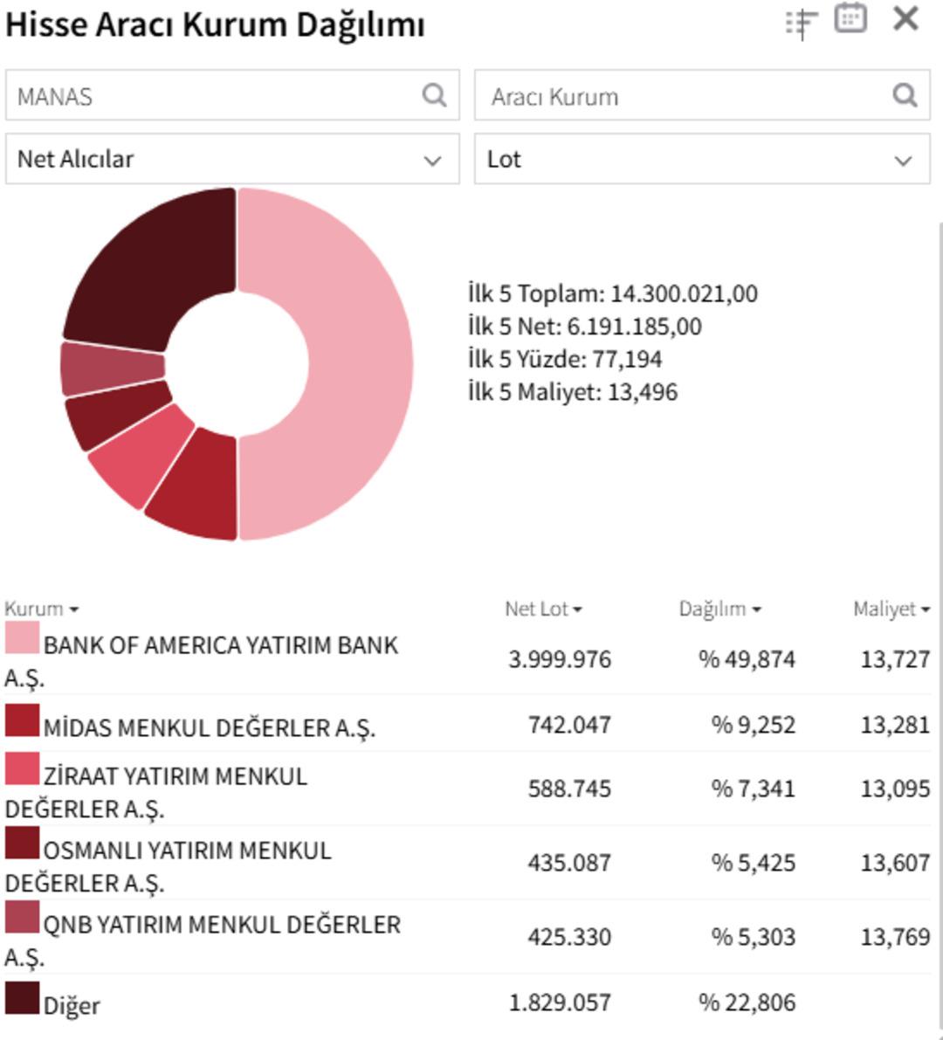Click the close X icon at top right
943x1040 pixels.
(x=905, y=19)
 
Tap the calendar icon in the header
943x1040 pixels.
(x=850, y=19)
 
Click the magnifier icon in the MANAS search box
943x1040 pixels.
(x=434, y=95)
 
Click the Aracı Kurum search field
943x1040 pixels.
(x=681, y=96)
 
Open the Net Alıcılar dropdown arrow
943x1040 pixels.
(x=432, y=160)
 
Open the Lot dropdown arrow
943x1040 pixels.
(x=903, y=160)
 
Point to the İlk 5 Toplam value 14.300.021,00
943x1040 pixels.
(x=684, y=293)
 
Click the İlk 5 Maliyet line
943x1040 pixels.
(x=573, y=392)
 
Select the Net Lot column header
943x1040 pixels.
(x=542, y=609)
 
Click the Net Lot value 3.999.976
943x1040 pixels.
(x=560, y=659)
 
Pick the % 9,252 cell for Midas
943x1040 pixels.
(x=747, y=725)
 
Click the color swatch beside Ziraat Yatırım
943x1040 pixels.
(x=22, y=769)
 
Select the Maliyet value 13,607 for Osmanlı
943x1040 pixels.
(x=895, y=863)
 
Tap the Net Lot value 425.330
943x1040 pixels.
(x=568, y=937)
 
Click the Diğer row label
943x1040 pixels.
(x=72, y=1005)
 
